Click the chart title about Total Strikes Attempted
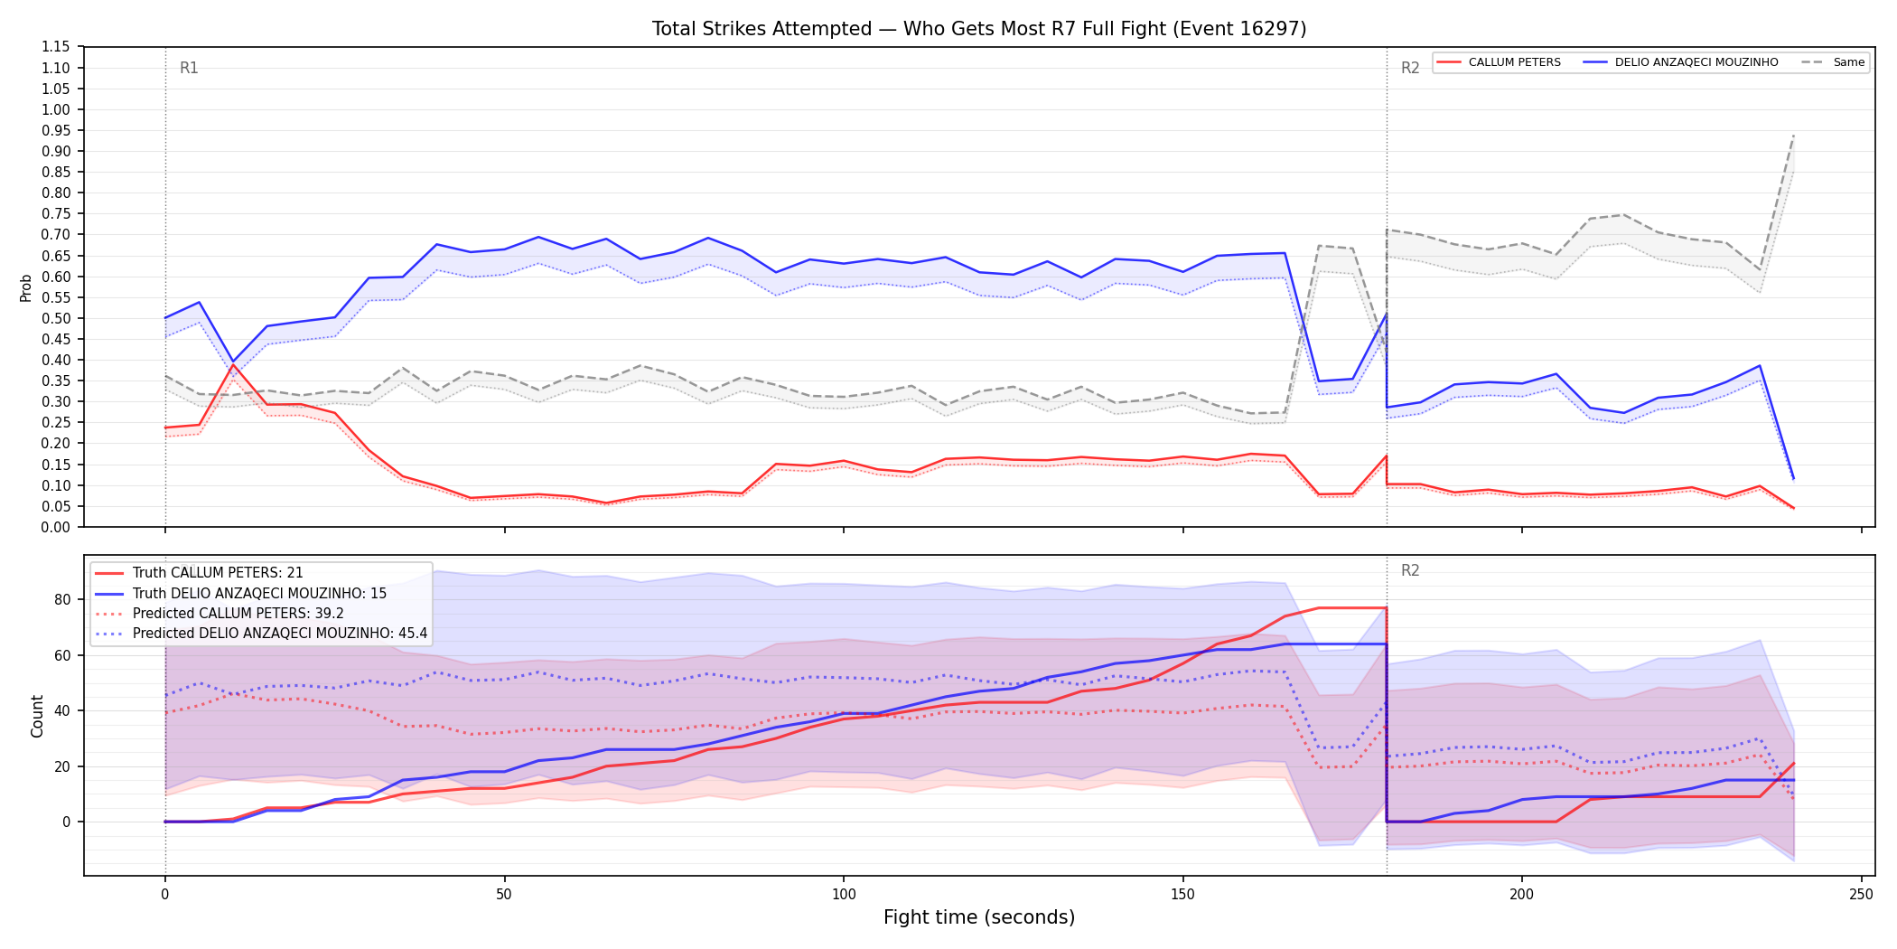coord(979,29)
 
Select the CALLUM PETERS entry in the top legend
coord(1499,62)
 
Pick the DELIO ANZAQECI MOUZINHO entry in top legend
coord(1680,62)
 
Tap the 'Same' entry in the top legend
coord(1833,62)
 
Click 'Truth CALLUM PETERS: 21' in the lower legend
coord(199,573)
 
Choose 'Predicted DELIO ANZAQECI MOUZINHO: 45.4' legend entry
coord(261,634)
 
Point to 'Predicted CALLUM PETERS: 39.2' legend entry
coord(220,614)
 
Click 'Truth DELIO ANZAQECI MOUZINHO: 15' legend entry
coord(241,594)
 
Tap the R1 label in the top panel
coord(189,68)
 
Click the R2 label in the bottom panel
coord(1410,570)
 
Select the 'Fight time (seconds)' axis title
coord(979,917)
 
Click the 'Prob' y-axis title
coord(26,287)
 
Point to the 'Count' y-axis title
coord(37,716)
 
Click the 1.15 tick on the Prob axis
coord(55,47)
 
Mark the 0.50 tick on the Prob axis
coord(55,318)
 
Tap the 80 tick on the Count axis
coord(61,599)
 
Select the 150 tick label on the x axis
coord(1182,895)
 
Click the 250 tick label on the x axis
coord(1861,895)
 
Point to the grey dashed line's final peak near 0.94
coord(1793,136)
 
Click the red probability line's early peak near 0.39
coord(233,365)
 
